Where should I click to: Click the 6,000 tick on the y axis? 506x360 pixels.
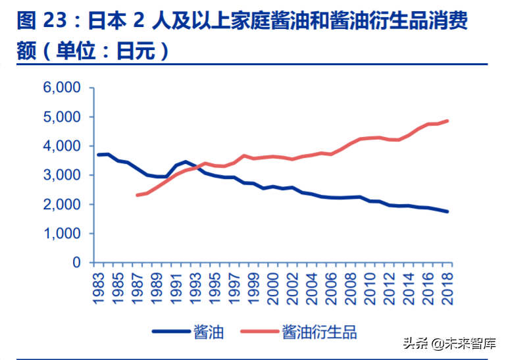coord(62,88)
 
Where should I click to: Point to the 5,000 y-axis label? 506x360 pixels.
coord(62,117)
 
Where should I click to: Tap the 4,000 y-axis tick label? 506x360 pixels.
coord(62,146)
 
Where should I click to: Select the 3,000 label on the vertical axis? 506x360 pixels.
coord(62,176)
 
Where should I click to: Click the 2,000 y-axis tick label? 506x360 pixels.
coord(62,205)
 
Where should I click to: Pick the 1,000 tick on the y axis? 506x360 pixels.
coord(62,234)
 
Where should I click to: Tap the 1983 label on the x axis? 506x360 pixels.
coord(99,287)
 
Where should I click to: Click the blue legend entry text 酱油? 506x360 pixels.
coord(209,331)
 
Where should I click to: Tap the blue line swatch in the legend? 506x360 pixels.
coord(170,331)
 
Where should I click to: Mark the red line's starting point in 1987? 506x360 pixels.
coord(138,195)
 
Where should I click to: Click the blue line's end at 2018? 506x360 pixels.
coord(447,211)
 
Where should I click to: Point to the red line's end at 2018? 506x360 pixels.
coord(447,121)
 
